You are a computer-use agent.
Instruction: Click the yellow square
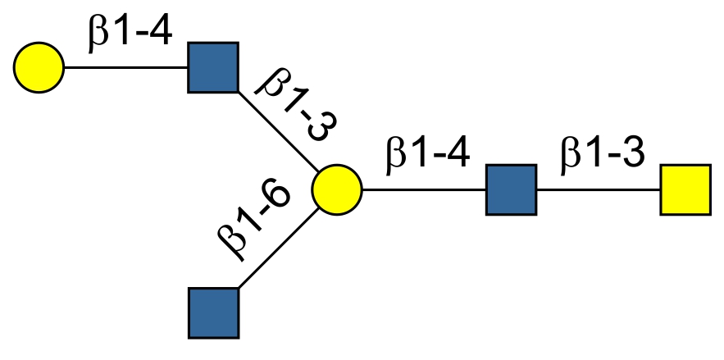click(685, 189)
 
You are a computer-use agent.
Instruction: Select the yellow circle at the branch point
click(336, 189)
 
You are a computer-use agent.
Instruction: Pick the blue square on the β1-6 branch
click(213, 312)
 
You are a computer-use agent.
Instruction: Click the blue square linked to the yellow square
click(511, 189)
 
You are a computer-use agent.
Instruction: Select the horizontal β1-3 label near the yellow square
click(602, 155)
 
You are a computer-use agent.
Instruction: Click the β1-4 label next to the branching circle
click(428, 155)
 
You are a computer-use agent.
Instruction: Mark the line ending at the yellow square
click(598, 189)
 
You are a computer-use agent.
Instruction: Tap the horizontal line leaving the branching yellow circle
click(423, 189)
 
